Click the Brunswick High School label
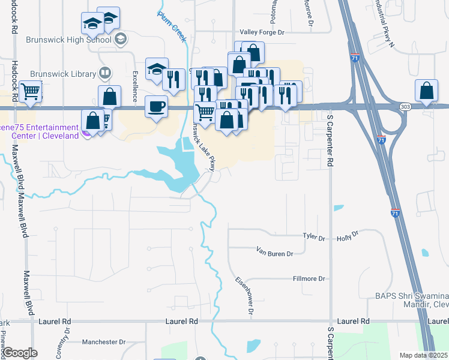tap(68, 40)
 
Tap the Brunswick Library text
tap(61, 74)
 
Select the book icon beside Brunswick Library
tap(105, 73)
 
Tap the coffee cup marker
tap(157, 107)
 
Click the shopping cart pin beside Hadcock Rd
tap(30, 92)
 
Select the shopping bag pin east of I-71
tap(426, 91)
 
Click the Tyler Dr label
tap(313, 238)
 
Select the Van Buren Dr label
tap(274, 253)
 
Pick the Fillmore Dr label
tap(308, 278)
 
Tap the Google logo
tap(20, 353)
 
